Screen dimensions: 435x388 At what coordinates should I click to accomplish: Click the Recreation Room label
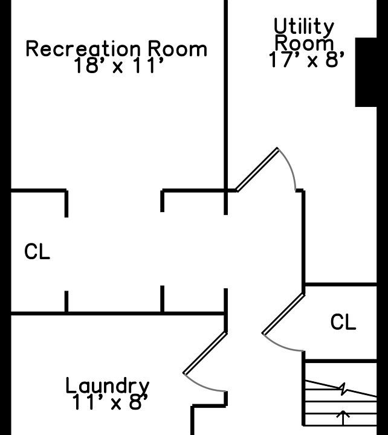click(x=116, y=49)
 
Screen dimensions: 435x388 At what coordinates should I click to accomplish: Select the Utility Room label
click(x=304, y=35)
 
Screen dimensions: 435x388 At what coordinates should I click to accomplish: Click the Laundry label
click(x=107, y=385)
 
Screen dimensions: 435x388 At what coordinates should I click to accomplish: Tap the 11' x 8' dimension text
click(x=109, y=402)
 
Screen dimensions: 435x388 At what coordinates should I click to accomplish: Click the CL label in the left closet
click(x=37, y=252)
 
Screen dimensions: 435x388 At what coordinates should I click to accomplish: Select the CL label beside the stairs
click(x=343, y=323)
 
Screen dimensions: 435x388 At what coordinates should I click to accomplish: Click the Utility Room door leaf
click(x=257, y=170)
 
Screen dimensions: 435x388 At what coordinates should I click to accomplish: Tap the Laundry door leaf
click(x=205, y=353)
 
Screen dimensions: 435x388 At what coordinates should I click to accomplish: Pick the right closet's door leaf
click(x=283, y=314)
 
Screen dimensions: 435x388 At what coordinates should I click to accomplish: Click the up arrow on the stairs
click(x=343, y=417)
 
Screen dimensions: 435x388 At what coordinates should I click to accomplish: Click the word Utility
click(x=304, y=27)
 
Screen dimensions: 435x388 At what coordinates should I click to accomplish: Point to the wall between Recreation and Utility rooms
click(x=226, y=91)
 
